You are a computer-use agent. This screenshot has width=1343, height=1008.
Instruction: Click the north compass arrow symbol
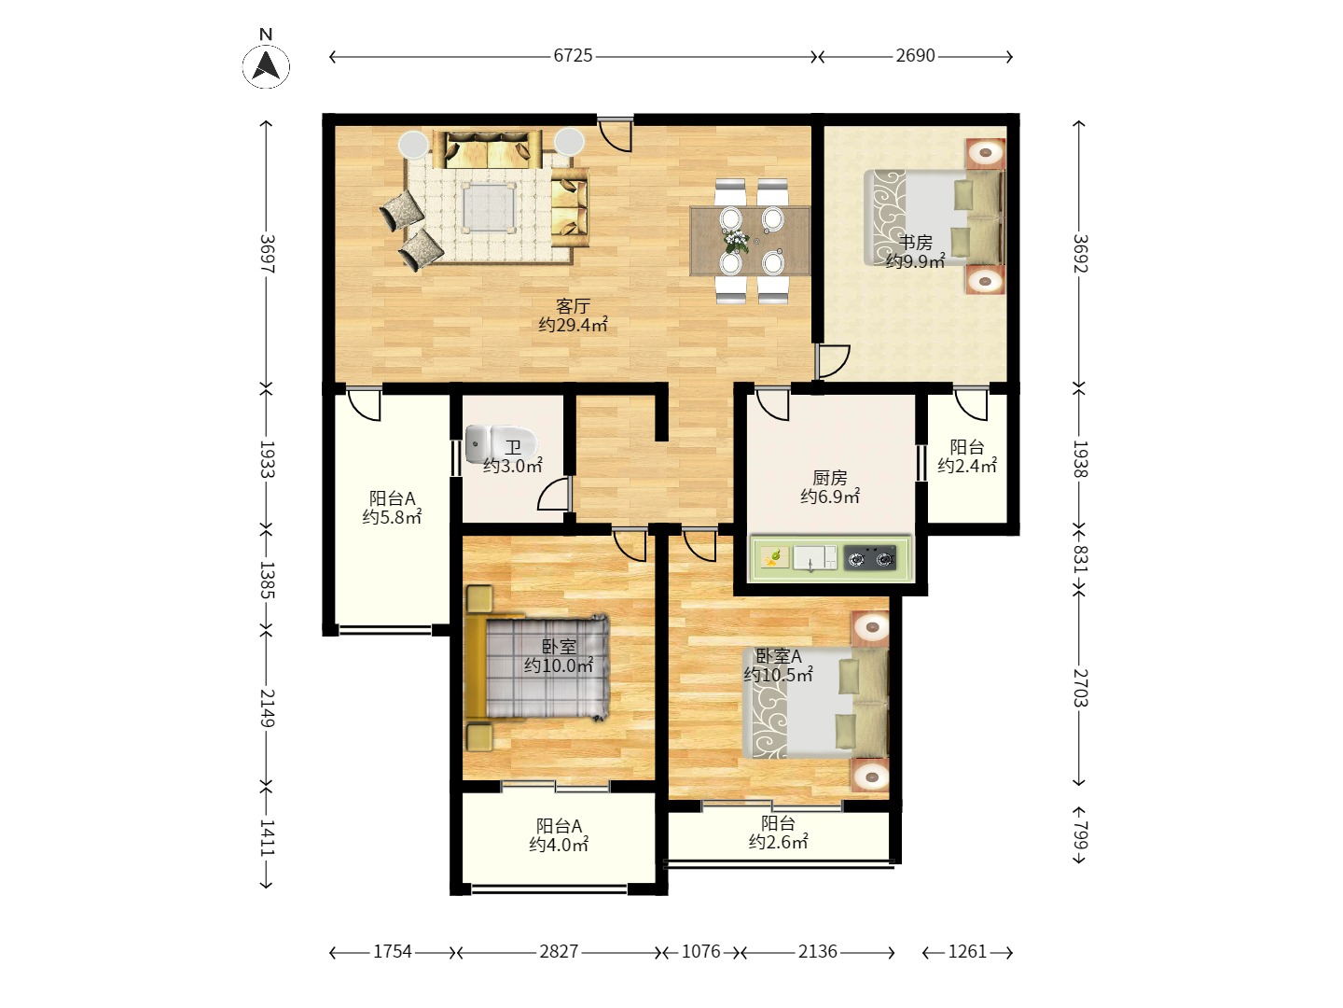click(x=266, y=66)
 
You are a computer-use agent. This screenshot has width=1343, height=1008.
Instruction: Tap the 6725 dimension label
click(x=573, y=56)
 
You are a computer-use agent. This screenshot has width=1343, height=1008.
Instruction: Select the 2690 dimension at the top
click(x=915, y=56)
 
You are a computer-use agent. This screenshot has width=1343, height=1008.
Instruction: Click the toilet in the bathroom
click(x=501, y=443)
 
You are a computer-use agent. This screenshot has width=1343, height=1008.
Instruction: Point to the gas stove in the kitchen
click(x=869, y=558)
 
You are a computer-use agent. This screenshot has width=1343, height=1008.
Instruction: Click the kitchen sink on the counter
click(x=814, y=558)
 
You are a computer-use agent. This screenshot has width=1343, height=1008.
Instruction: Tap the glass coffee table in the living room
click(x=488, y=207)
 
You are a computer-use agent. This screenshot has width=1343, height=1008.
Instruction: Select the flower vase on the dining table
click(x=736, y=241)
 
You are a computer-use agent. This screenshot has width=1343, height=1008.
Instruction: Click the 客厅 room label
click(x=573, y=305)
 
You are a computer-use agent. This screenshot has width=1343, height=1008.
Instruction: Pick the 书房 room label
click(x=915, y=243)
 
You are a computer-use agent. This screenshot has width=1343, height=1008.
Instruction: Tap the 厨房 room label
click(x=830, y=477)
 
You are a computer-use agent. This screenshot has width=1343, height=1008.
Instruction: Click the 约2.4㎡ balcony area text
click(x=967, y=466)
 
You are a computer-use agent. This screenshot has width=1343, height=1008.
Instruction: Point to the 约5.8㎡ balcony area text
click(x=392, y=517)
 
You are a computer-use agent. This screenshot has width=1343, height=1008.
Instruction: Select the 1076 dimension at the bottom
click(x=700, y=951)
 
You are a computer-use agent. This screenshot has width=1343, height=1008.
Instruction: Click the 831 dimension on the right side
click(x=1080, y=558)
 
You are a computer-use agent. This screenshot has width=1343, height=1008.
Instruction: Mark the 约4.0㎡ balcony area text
click(x=559, y=845)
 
